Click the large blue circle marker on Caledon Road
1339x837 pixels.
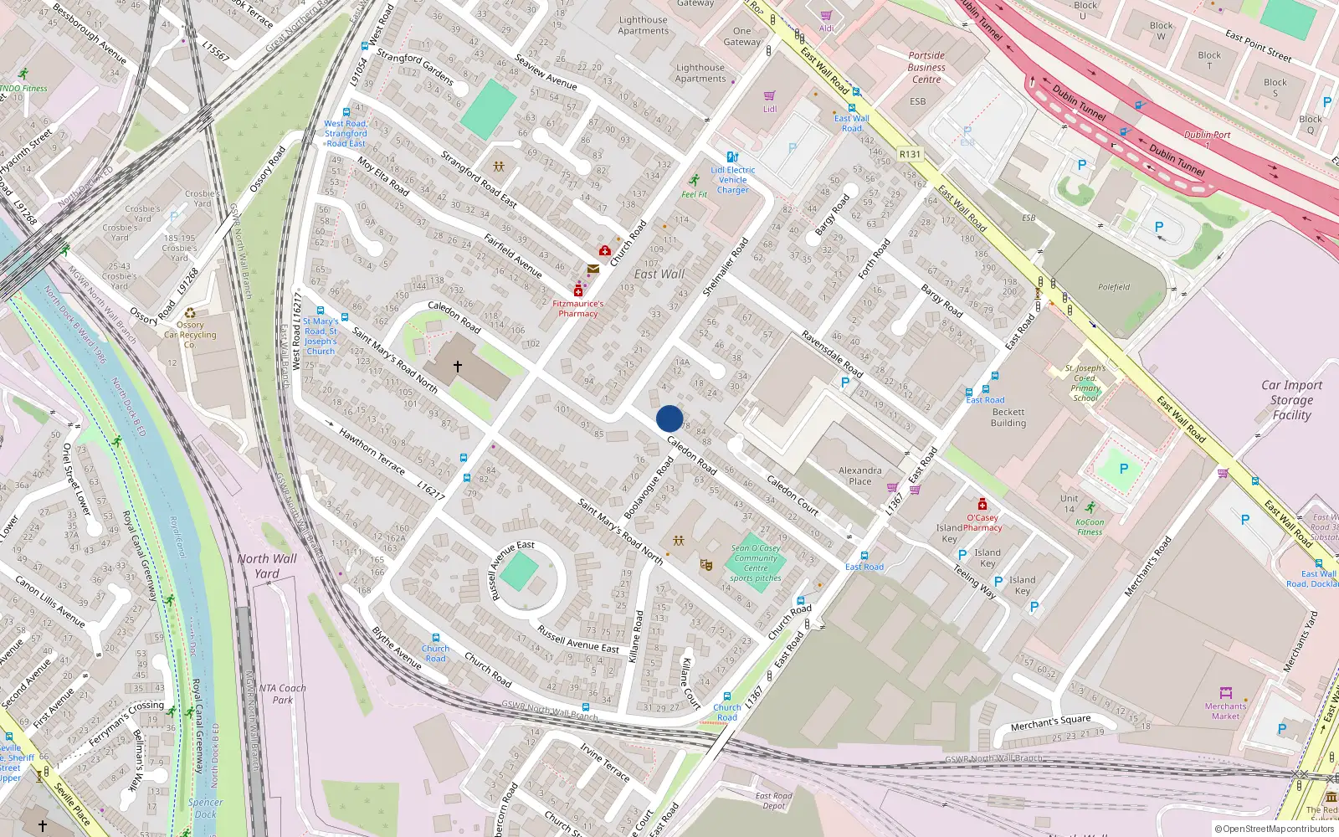[669, 418]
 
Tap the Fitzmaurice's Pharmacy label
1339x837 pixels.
[577, 309]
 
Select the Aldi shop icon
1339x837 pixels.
[827, 16]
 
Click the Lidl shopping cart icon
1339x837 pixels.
[770, 96]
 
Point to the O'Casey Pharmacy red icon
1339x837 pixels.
[982, 504]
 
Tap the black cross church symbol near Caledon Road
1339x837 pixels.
[458, 367]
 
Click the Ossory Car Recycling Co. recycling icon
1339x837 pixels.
[190, 313]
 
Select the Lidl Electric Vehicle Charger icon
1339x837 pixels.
[732, 157]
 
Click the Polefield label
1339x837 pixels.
[1113, 287]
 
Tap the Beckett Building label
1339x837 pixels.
[1008, 418]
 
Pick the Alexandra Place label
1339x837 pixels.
[859, 475]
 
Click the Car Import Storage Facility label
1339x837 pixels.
[1291, 399]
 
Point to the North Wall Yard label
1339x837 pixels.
[266, 566]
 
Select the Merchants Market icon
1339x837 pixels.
[1225, 693]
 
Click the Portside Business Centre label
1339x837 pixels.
[926, 68]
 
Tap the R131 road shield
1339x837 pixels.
[909, 154]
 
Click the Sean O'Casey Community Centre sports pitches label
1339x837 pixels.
[756, 562]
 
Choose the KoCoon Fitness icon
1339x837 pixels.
[1090, 508]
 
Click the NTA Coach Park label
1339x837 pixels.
[282, 693]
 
